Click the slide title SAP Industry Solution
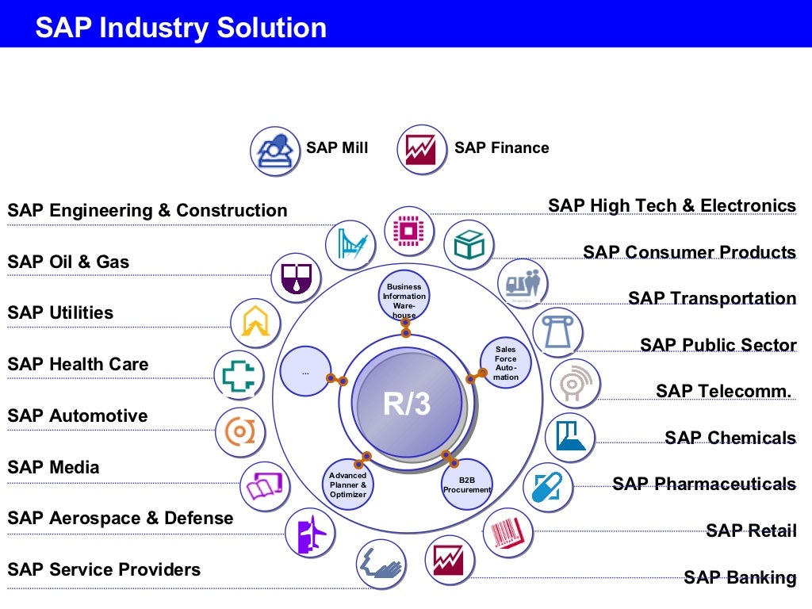181,28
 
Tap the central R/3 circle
406,403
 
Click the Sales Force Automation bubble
505,363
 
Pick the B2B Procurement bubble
467,485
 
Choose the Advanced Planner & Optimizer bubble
347,485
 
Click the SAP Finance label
501,147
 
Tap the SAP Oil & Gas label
68,262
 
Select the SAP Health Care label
78,365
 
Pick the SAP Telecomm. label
724,391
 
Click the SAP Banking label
740,577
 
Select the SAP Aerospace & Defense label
121,519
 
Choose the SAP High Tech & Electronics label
672,206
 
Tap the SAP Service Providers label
104,569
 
